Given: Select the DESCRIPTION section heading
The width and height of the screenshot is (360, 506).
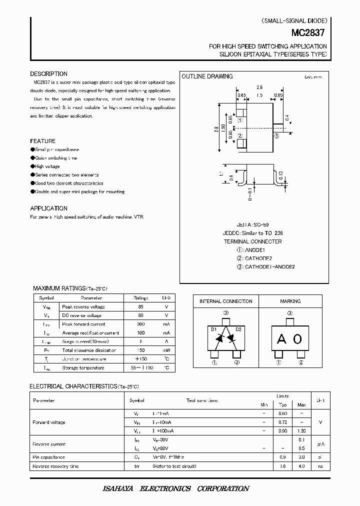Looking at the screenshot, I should (48, 74).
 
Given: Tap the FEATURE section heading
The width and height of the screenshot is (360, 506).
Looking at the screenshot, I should (42, 141).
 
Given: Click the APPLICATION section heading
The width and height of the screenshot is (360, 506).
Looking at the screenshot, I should (48, 208).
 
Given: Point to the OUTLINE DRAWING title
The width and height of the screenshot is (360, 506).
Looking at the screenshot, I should (207, 76).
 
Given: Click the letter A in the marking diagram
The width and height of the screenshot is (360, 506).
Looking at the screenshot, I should (281, 339).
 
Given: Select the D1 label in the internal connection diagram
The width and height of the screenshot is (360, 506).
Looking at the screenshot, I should (213, 329).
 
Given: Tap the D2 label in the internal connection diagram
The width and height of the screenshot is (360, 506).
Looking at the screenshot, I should (238, 329).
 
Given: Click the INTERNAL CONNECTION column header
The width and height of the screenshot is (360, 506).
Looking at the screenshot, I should (226, 301).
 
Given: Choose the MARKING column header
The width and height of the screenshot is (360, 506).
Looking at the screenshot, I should (290, 301).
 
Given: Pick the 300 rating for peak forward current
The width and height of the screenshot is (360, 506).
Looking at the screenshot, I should (141, 324).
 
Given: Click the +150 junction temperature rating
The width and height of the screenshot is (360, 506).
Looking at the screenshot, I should (141, 359).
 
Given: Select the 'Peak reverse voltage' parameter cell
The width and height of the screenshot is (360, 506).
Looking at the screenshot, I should (83, 306).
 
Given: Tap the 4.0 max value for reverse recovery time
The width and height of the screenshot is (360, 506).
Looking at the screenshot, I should (301, 466).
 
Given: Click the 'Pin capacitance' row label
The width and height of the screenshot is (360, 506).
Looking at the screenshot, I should (49, 457).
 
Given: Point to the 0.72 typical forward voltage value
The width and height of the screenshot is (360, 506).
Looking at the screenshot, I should (282, 422).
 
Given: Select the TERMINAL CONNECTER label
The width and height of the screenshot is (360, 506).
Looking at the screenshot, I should (252, 241).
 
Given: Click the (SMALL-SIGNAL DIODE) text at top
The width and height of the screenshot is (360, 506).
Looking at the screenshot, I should (294, 21).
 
